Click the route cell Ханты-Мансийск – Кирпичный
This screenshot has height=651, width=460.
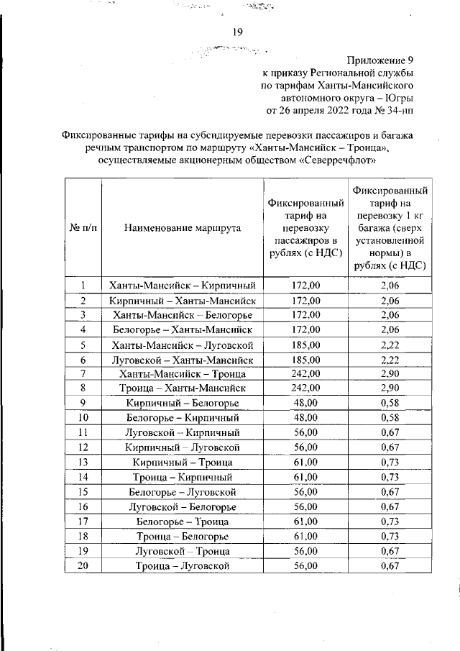click(183, 286)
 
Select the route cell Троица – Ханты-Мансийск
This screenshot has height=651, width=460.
click(183, 388)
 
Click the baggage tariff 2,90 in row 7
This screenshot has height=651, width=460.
click(390, 373)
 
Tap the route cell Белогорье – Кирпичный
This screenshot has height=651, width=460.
click(183, 417)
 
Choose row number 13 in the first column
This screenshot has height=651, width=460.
click(83, 462)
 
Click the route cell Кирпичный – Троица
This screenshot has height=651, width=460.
click(183, 462)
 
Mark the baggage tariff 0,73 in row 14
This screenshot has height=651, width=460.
click(390, 477)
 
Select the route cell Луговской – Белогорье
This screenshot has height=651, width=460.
click(183, 506)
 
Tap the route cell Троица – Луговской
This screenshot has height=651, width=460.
click(183, 566)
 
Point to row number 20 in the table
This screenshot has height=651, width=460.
click(83, 566)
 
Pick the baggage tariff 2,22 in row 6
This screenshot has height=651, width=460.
click(390, 360)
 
